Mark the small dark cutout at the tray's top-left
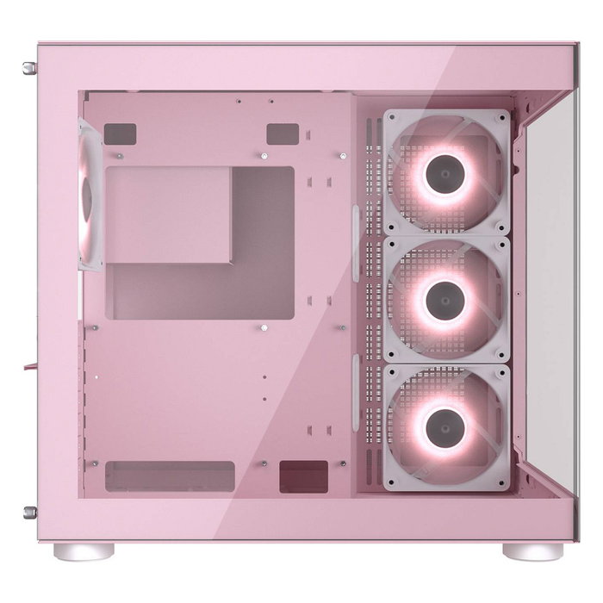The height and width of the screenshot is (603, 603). pos(120,134)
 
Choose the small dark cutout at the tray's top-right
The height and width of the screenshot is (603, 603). pos(282,134)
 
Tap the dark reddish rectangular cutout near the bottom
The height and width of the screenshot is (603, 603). pos(303,476)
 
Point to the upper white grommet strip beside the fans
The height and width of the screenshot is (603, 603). pos(356,243)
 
